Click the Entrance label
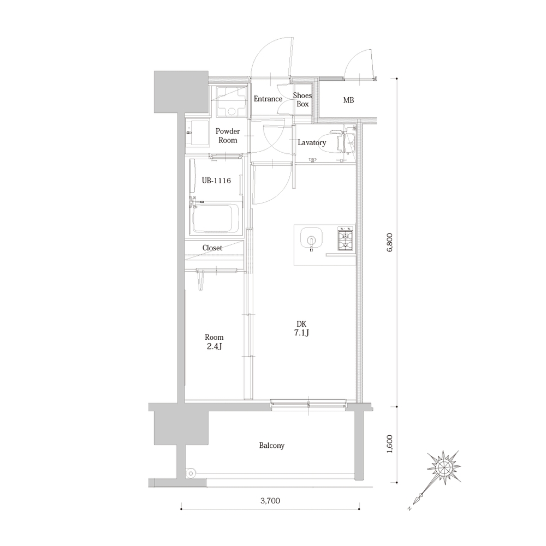click(x=268, y=99)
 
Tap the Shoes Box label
click(x=302, y=100)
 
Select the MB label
click(x=348, y=100)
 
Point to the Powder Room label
click(x=228, y=135)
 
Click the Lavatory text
click(x=312, y=142)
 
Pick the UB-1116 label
click(x=216, y=181)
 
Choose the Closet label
click(x=212, y=248)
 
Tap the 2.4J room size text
click(x=214, y=346)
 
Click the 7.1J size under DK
click(x=301, y=333)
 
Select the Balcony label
click(x=271, y=446)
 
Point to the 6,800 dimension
click(x=390, y=242)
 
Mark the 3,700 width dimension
click(x=270, y=501)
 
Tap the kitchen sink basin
click(x=311, y=239)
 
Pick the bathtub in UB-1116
click(x=215, y=218)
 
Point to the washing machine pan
click(x=232, y=101)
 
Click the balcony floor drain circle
click(x=191, y=473)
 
